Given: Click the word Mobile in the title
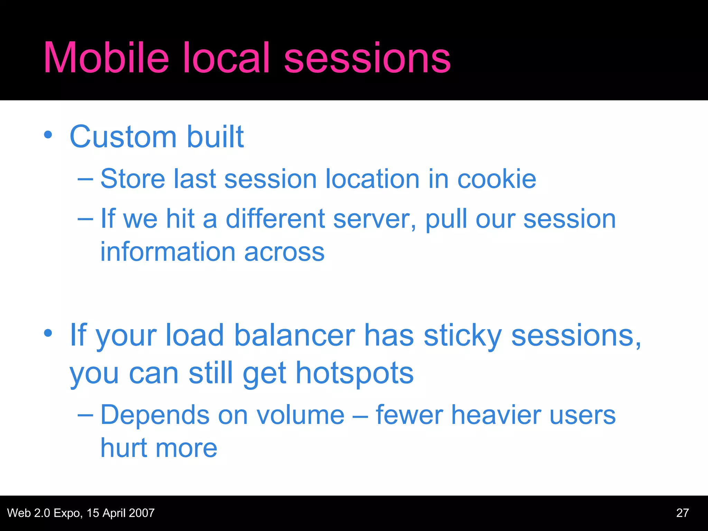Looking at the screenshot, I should (x=106, y=58).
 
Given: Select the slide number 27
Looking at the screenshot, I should (x=682, y=513).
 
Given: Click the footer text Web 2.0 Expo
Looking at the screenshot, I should (x=44, y=513).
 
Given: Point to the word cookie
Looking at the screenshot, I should (x=496, y=179).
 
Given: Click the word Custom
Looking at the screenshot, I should (x=123, y=137).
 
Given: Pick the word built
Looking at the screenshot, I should (x=215, y=137).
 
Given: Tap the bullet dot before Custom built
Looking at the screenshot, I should (x=48, y=135).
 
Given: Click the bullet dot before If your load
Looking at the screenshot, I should (x=48, y=333).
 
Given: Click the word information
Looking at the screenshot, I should (x=168, y=252).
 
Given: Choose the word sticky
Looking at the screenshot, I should (x=463, y=336).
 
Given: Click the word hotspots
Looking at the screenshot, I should (x=355, y=374).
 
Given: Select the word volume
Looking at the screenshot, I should (x=300, y=415).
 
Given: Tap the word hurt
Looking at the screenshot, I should (x=123, y=448).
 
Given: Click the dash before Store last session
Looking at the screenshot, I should (x=85, y=179).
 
